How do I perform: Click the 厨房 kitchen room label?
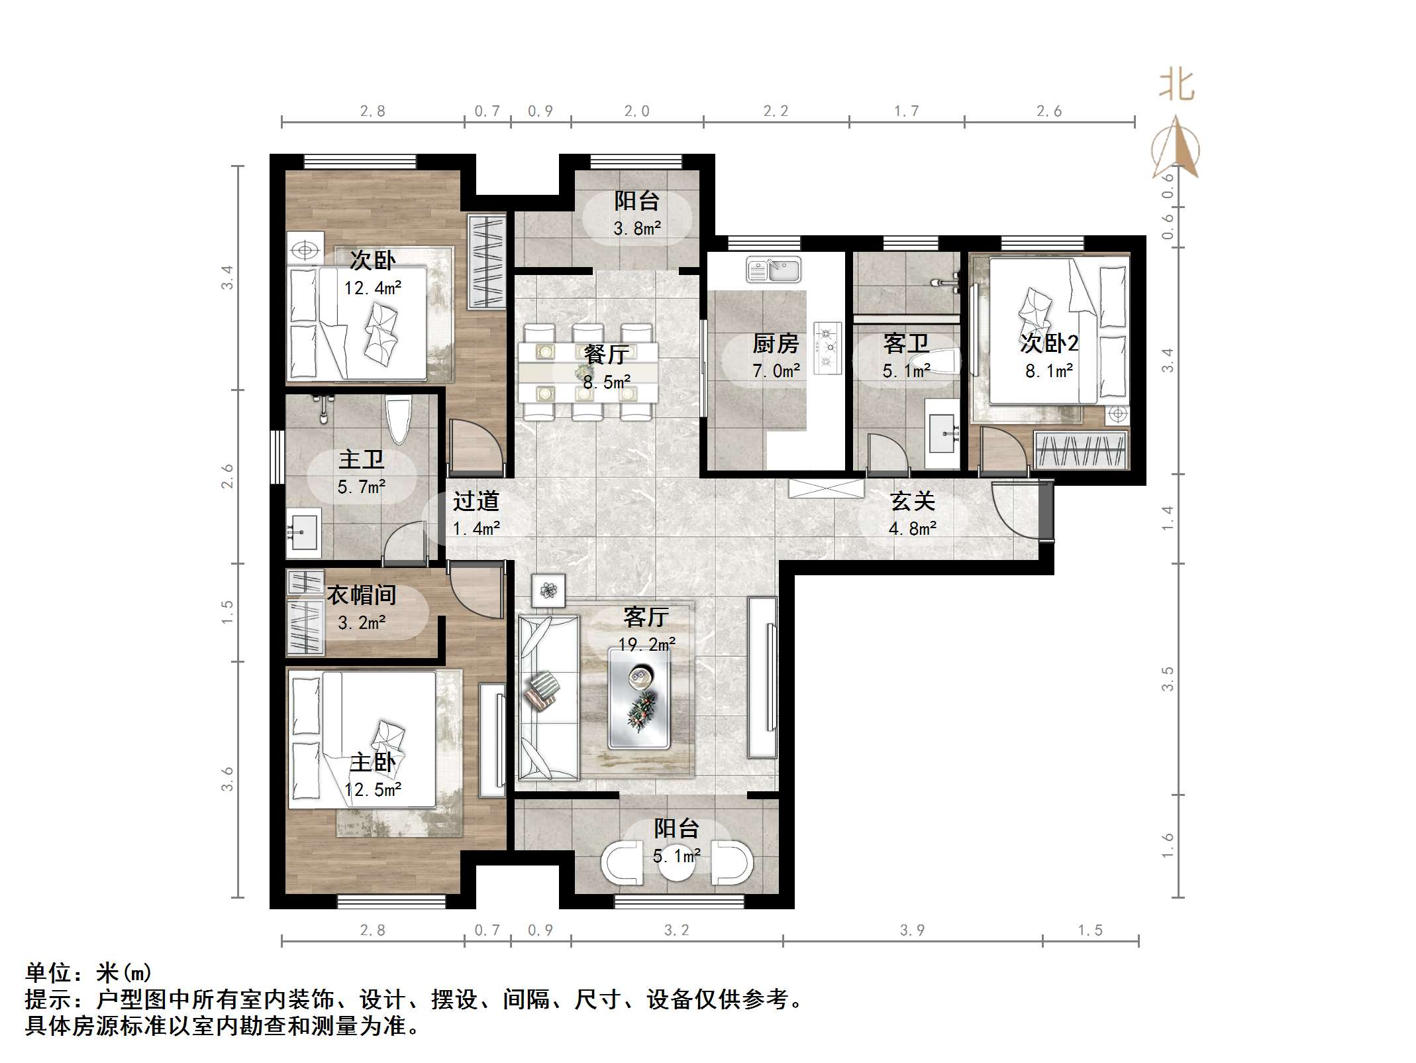click(x=775, y=343)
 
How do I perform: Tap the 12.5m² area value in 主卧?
click(x=373, y=790)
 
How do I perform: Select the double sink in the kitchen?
click(x=773, y=270)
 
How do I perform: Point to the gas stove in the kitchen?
click(x=827, y=348)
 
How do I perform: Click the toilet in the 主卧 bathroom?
click(x=399, y=418)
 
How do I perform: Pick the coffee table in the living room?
click(x=639, y=698)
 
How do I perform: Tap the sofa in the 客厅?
click(x=547, y=697)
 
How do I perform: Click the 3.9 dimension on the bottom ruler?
click(x=912, y=930)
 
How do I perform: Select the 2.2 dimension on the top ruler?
click(x=776, y=111)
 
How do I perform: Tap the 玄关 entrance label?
click(x=912, y=501)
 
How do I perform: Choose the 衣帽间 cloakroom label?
click(x=361, y=594)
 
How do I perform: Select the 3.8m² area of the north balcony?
click(x=636, y=229)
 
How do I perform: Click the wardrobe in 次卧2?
click(x=1080, y=449)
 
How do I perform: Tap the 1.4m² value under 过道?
click(x=476, y=528)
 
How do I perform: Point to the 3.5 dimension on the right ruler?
click(x=1168, y=679)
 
